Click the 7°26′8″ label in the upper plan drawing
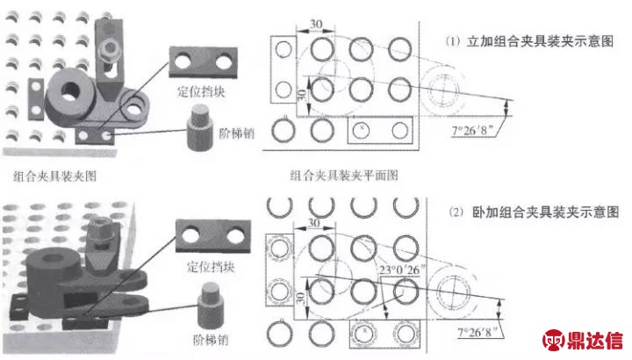coord(473,131)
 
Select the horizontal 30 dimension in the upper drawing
coord(316,25)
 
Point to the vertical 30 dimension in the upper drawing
coord(301,96)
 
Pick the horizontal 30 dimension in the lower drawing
coord(314,223)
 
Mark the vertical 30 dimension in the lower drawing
coord(300,299)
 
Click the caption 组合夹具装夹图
coord(54,176)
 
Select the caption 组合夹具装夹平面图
coord(344,176)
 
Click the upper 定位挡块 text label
coord(201,92)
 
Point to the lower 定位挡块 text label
coord(211,266)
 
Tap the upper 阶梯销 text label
coord(237,133)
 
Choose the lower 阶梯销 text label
coord(211,340)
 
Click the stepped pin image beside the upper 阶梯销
coord(198,127)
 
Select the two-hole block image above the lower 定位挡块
coord(212,237)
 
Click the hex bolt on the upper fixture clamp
coord(108,49)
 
